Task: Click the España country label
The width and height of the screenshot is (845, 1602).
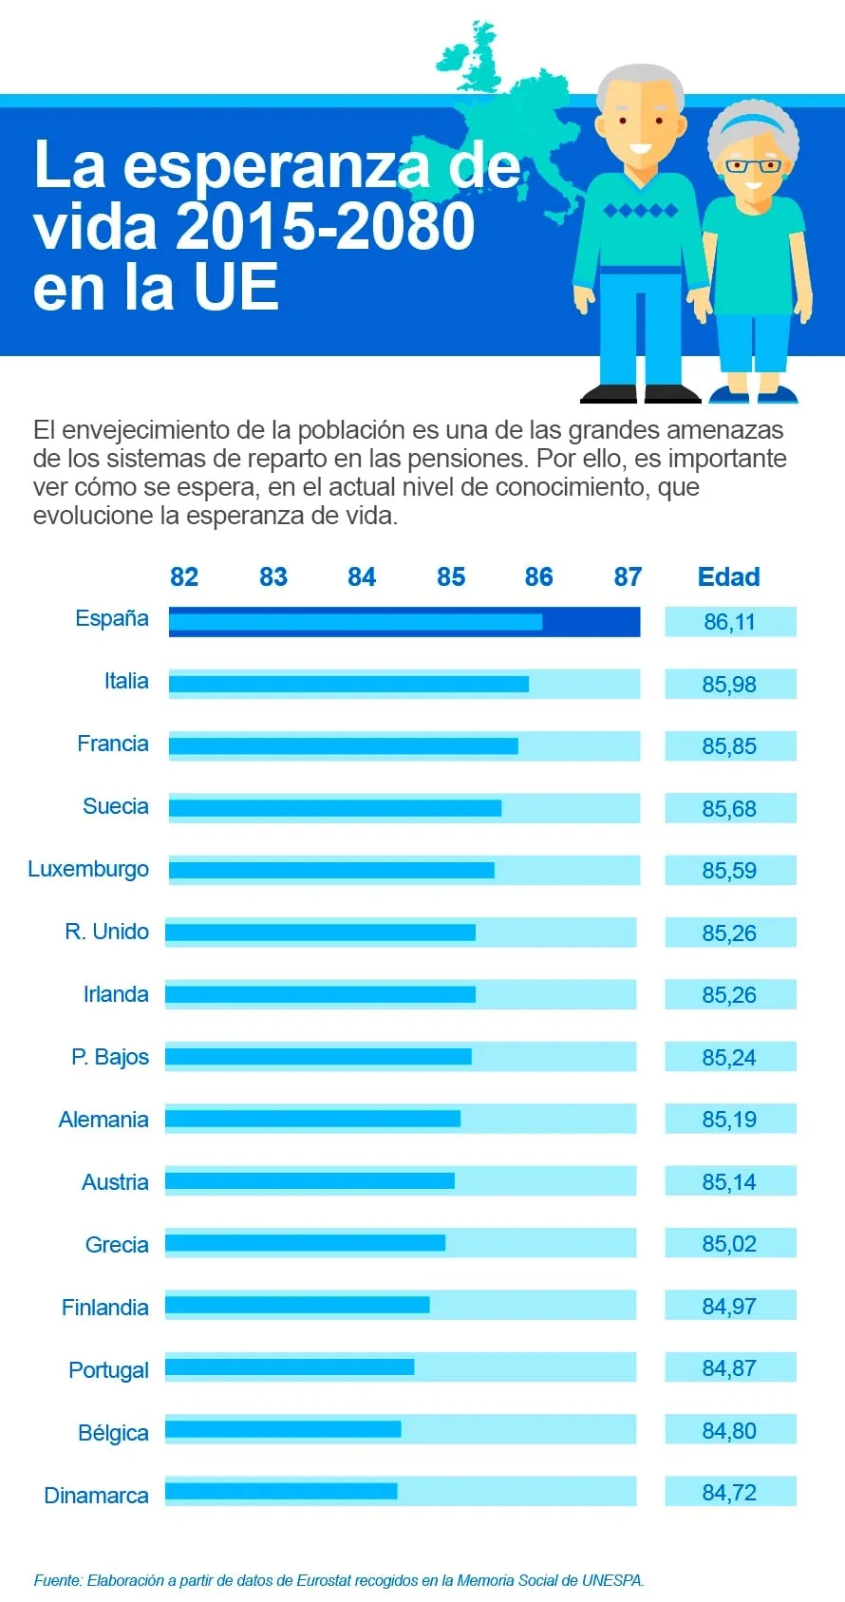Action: pos(112,619)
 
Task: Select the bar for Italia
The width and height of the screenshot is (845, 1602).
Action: pos(348,684)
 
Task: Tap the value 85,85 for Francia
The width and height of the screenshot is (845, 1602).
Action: pos(729,746)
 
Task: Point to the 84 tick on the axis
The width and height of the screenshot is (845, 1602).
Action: pos(362,577)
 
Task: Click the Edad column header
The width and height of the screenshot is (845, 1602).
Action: pos(728,577)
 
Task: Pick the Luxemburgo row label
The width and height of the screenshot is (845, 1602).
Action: pos(88,870)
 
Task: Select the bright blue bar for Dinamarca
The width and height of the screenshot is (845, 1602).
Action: pos(281,1491)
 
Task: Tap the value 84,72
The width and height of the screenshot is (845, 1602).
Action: pos(729,1493)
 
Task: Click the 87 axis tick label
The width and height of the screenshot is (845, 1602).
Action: pos(628,577)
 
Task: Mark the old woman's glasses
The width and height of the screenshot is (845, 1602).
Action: pos(752,166)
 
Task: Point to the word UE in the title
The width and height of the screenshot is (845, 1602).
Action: pos(236,288)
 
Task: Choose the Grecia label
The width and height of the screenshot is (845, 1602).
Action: pos(117,1245)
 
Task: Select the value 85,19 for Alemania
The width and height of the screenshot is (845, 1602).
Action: pos(729,1120)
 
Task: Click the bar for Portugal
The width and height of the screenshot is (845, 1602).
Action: pos(290,1366)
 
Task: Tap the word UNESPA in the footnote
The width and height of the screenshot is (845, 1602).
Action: pos(612,1580)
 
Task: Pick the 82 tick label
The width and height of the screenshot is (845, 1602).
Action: pos(184,577)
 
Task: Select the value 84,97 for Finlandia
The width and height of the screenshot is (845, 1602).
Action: pos(729,1307)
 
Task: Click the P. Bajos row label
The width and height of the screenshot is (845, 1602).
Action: pos(110,1057)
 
